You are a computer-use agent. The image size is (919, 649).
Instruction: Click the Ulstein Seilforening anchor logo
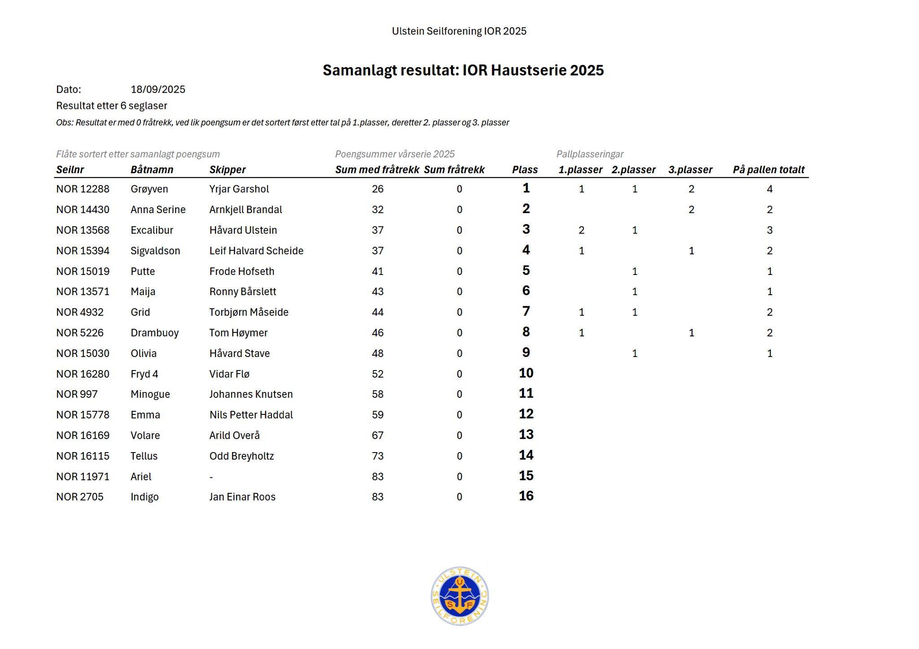point(459,596)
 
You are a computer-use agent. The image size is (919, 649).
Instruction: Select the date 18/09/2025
point(158,89)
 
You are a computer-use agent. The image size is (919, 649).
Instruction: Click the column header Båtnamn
point(152,170)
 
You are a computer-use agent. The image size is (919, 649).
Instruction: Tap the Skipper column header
point(228,170)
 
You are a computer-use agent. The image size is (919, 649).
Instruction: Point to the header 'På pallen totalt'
point(768,170)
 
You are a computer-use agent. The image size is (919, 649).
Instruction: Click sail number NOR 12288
point(83,189)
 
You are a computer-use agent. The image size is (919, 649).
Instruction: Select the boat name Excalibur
point(152,230)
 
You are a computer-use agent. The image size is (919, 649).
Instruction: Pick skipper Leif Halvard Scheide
point(256,251)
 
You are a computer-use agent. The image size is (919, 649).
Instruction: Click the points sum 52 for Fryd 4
point(377,374)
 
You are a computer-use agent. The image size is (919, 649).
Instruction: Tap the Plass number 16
point(526,496)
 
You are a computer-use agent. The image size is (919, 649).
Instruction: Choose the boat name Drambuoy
point(154,333)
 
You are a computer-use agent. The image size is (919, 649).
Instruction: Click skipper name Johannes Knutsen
point(251,394)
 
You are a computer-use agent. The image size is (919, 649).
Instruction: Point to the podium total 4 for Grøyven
point(770,189)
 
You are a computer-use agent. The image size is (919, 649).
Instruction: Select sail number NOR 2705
point(79,497)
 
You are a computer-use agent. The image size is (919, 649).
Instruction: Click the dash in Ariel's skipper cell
point(211,477)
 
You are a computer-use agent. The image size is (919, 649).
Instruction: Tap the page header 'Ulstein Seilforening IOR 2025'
point(459,31)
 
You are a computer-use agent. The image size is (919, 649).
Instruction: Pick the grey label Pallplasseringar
point(590,154)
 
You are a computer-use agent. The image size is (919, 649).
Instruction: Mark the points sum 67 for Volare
point(377,436)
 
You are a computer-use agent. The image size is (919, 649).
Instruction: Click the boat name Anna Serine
point(158,209)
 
